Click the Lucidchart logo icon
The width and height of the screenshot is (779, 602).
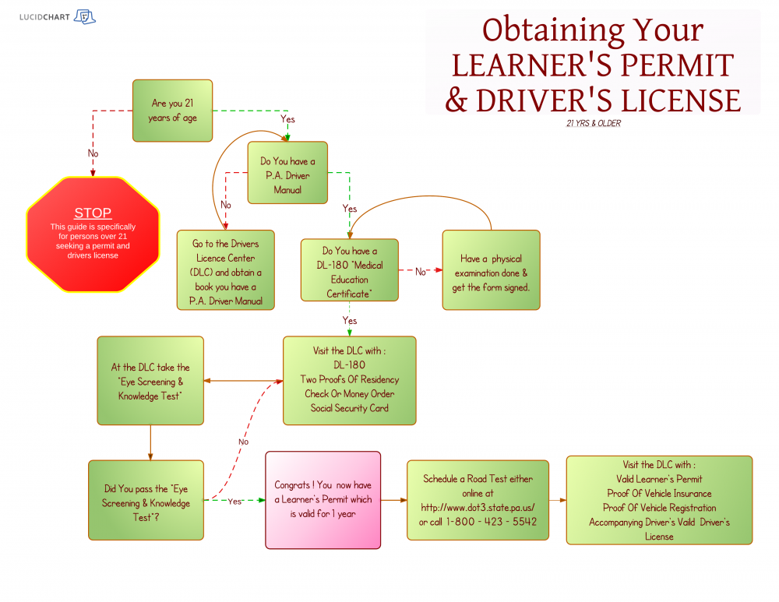click(x=84, y=17)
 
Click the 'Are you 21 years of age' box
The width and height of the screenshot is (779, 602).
click(x=172, y=111)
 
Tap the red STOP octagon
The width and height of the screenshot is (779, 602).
click(x=93, y=234)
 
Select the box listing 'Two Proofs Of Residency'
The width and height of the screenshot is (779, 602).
click(x=350, y=380)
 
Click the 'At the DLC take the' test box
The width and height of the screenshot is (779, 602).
click(x=150, y=381)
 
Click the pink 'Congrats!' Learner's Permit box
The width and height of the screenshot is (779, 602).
click(x=323, y=499)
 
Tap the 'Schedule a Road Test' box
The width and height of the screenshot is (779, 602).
click(x=478, y=500)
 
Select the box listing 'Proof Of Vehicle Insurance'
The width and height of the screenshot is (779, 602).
click(x=659, y=500)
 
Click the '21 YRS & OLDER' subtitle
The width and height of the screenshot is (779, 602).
click(x=594, y=123)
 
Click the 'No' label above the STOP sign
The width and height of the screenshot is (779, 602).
click(x=93, y=153)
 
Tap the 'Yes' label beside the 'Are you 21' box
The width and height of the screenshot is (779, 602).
click(x=287, y=119)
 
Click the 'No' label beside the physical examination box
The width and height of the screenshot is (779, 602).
click(x=421, y=272)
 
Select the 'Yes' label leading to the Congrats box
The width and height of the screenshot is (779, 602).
click(x=234, y=502)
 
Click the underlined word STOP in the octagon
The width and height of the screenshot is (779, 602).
click(x=93, y=213)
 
